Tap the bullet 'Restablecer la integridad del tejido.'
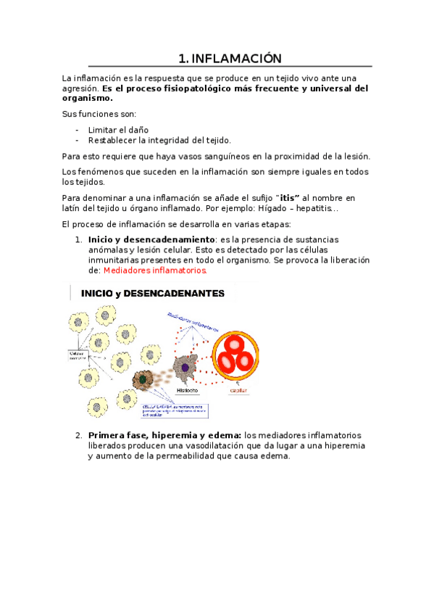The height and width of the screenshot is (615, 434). [159, 140]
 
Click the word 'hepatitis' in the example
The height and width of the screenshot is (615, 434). [312, 208]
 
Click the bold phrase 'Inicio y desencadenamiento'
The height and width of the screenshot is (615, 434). [151, 239]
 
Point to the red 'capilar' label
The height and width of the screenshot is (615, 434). [238, 391]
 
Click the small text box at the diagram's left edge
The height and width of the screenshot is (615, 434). [78, 357]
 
